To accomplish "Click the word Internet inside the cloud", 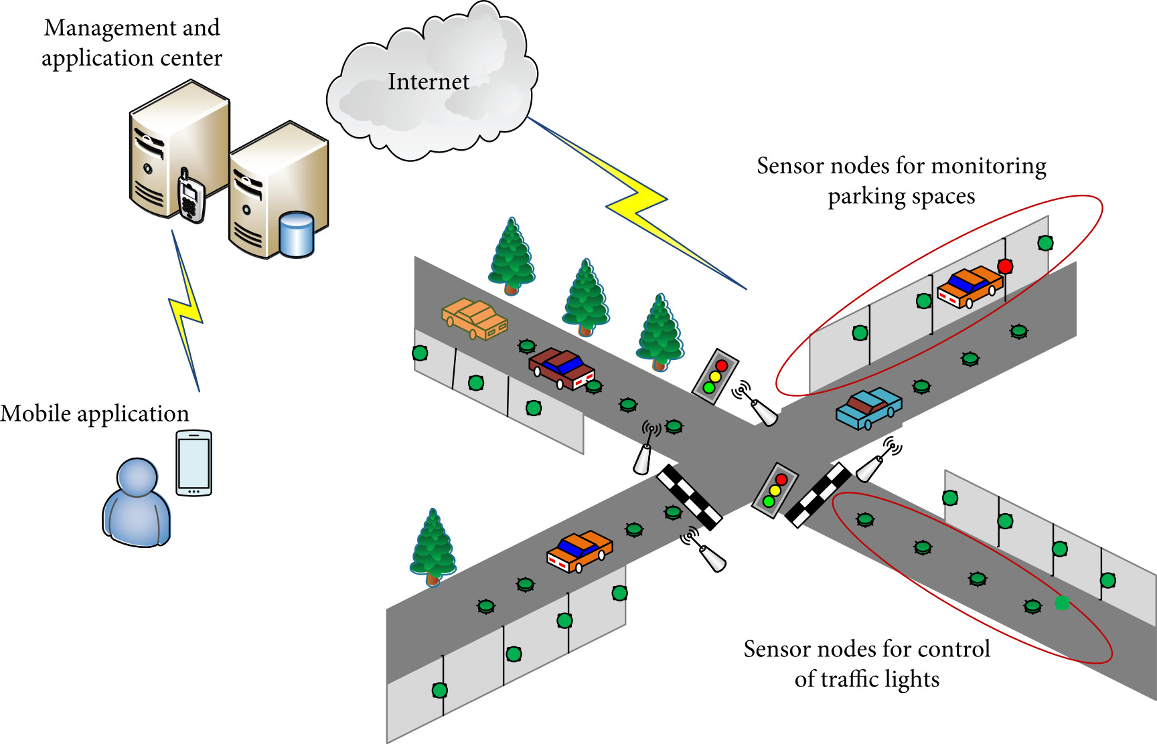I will [429, 82].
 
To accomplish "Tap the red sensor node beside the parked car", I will [1004, 266].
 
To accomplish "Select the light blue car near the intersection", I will [868, 407].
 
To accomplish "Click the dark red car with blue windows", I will [561, 368].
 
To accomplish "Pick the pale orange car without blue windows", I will [474, 318].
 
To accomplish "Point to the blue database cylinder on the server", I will [296, 234].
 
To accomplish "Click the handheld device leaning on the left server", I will [191, 195].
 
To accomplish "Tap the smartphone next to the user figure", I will [194, 463].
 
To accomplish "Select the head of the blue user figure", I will [137, 477].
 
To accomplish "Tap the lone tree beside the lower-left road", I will [433, 547].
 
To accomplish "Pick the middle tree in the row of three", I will [586, 298].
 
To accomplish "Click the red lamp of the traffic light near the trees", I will [721, 366].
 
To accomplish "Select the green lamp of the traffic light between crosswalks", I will [769, 501].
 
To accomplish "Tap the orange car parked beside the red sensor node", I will [970, 286].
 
